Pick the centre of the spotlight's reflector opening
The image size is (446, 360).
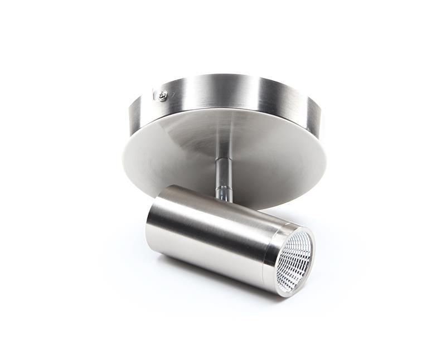pos(295,260)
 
